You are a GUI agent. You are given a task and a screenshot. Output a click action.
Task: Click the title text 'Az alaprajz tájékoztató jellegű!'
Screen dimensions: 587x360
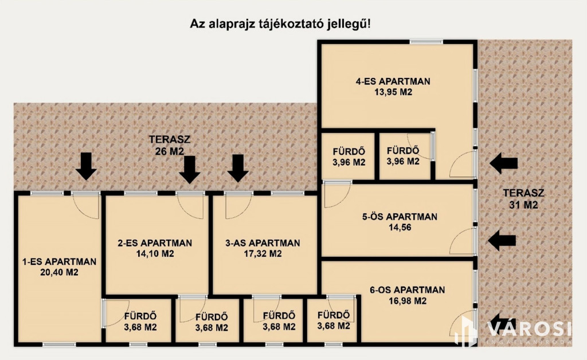coord(280,24)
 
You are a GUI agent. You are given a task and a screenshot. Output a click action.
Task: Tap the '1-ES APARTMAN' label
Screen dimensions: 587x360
coord(60,261)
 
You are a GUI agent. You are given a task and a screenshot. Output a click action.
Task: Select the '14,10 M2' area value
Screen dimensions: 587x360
coord(155,254)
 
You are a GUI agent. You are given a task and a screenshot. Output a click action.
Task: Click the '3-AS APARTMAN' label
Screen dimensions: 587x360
coord(263,243)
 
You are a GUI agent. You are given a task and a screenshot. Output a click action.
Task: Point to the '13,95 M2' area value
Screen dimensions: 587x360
coord(393,92)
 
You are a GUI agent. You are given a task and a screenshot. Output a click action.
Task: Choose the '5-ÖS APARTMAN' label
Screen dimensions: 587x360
coord(400,217)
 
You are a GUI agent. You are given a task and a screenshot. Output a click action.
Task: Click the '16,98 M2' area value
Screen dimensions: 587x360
coord(408,301)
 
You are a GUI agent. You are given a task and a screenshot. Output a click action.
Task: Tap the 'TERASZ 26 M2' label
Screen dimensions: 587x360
coord(170,145)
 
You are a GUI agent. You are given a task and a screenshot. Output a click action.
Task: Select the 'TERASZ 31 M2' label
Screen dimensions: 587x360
coord(523,199)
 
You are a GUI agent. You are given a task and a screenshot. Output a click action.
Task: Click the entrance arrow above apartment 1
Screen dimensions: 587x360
coord(86,166)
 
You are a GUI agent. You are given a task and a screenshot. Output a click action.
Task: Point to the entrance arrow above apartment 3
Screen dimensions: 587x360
coord(238,169)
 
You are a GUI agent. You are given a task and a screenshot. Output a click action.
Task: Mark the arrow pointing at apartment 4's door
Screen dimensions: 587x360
coord(504,163)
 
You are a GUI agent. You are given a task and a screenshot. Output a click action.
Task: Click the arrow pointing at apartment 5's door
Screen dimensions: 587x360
coord(502,240)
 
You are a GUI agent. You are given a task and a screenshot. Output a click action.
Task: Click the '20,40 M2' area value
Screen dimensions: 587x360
coord(59,272)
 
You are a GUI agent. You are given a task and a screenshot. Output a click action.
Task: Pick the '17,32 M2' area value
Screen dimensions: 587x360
coord(263,254)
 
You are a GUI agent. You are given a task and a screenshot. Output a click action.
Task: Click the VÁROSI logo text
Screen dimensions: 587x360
coord(529,329)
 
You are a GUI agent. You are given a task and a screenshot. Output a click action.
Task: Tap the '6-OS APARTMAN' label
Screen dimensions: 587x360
coord(408,290)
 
